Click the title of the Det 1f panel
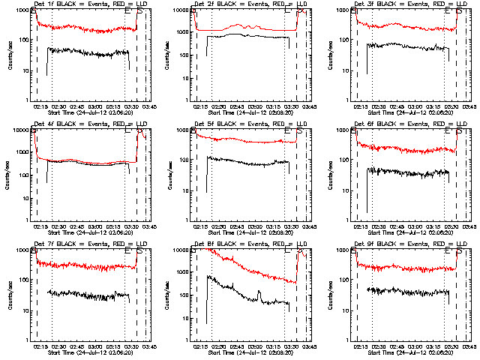click(85, 5)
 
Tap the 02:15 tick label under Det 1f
click(40, 106)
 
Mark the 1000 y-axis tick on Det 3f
click(344, 10)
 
